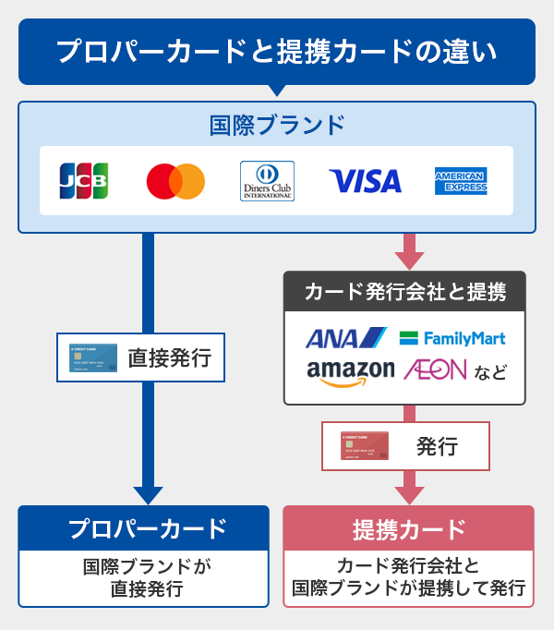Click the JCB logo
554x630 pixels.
point(83,181)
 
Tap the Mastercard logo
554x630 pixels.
point(175,181)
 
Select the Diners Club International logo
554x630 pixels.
point(267,181)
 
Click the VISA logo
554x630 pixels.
point(365,181)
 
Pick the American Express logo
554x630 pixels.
point(461,181)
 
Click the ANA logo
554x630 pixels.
point(345,338)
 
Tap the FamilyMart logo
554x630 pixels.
point(452,338)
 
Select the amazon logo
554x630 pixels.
point(350,371)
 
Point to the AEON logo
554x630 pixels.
point(435,370)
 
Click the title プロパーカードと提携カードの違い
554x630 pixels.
point(277,51)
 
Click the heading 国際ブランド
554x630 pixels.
point(277,125)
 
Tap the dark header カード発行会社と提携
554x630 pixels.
point(404,292)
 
